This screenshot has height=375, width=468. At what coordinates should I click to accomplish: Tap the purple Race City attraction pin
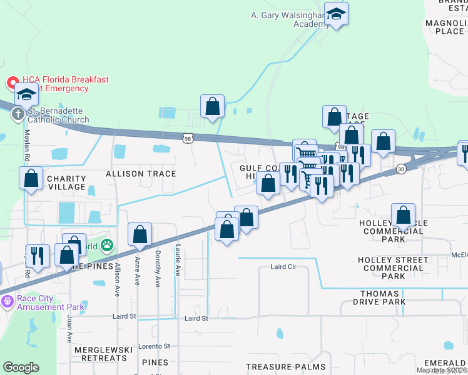click(x=8, y=301)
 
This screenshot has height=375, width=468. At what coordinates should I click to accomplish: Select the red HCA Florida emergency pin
click(x=12, y=82)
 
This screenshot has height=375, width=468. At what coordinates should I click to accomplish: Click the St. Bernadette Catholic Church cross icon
click(x=18, y=114)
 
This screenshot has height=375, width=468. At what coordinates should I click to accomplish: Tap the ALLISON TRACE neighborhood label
click(x=141, y=173)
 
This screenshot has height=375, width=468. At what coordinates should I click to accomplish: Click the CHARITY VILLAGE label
click(x=66, y=182)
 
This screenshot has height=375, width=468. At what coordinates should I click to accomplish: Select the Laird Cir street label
click(x=283, y=267)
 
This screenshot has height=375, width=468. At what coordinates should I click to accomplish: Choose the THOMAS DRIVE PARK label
click(x=370, y=297)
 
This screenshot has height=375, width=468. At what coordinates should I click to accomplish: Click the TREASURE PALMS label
click(x=285, y=367)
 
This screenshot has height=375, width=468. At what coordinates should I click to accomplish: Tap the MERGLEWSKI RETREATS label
click(x=101, y=353)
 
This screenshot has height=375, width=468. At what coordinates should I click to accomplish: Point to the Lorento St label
click(x=154, y=346)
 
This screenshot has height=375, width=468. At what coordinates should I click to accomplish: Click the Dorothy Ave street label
click(x=158, y=274)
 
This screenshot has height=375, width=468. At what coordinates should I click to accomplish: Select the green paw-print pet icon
click(x=108, y=246)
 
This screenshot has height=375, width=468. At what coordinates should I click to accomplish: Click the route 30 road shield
click(x=399, y=169)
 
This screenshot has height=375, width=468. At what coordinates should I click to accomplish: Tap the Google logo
click(x=21, y=367)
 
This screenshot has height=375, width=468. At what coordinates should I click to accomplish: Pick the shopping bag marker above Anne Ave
click(x=140, y=234)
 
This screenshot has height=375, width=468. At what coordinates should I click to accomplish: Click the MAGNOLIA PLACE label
click(x=444, y=27)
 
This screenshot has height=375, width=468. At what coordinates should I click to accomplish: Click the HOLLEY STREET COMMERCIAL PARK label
click(x=393, y=267)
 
